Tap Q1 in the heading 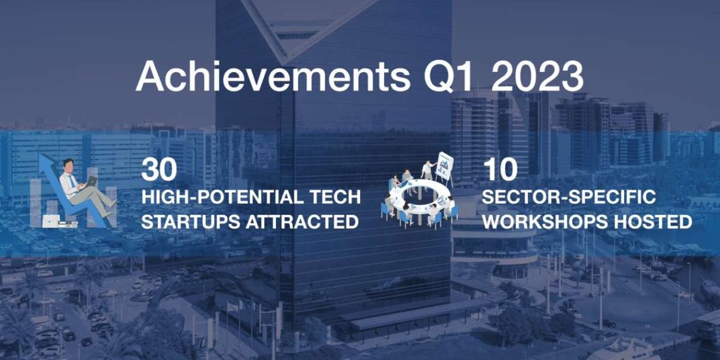tap(448, 76)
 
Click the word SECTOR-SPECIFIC tap(568, 198)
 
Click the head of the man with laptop tap(68, 165)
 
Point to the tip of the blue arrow tap(42, 155)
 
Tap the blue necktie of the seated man tap(73, 181)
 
